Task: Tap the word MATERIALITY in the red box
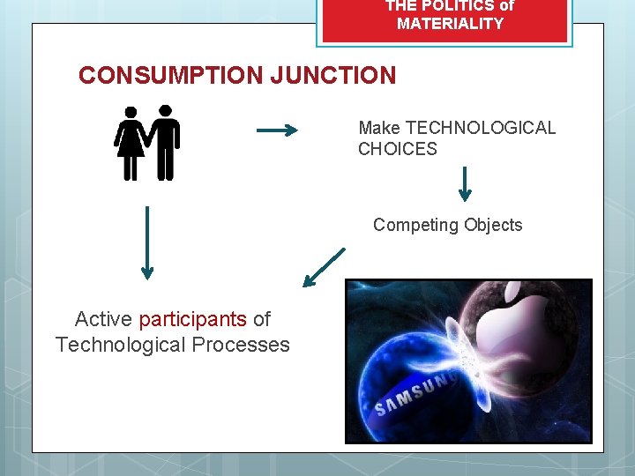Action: tap(450, 24)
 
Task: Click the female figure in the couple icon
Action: tap(131, 144)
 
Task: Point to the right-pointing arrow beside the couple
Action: tap(276, 131)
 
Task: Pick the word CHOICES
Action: tap(397, 149)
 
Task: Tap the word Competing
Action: tap(411, 225)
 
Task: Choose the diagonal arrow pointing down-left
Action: tap(323, 267)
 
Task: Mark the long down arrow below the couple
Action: tap(146, 242)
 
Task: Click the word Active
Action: tap(103, 319)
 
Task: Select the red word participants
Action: tap(192, 319)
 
